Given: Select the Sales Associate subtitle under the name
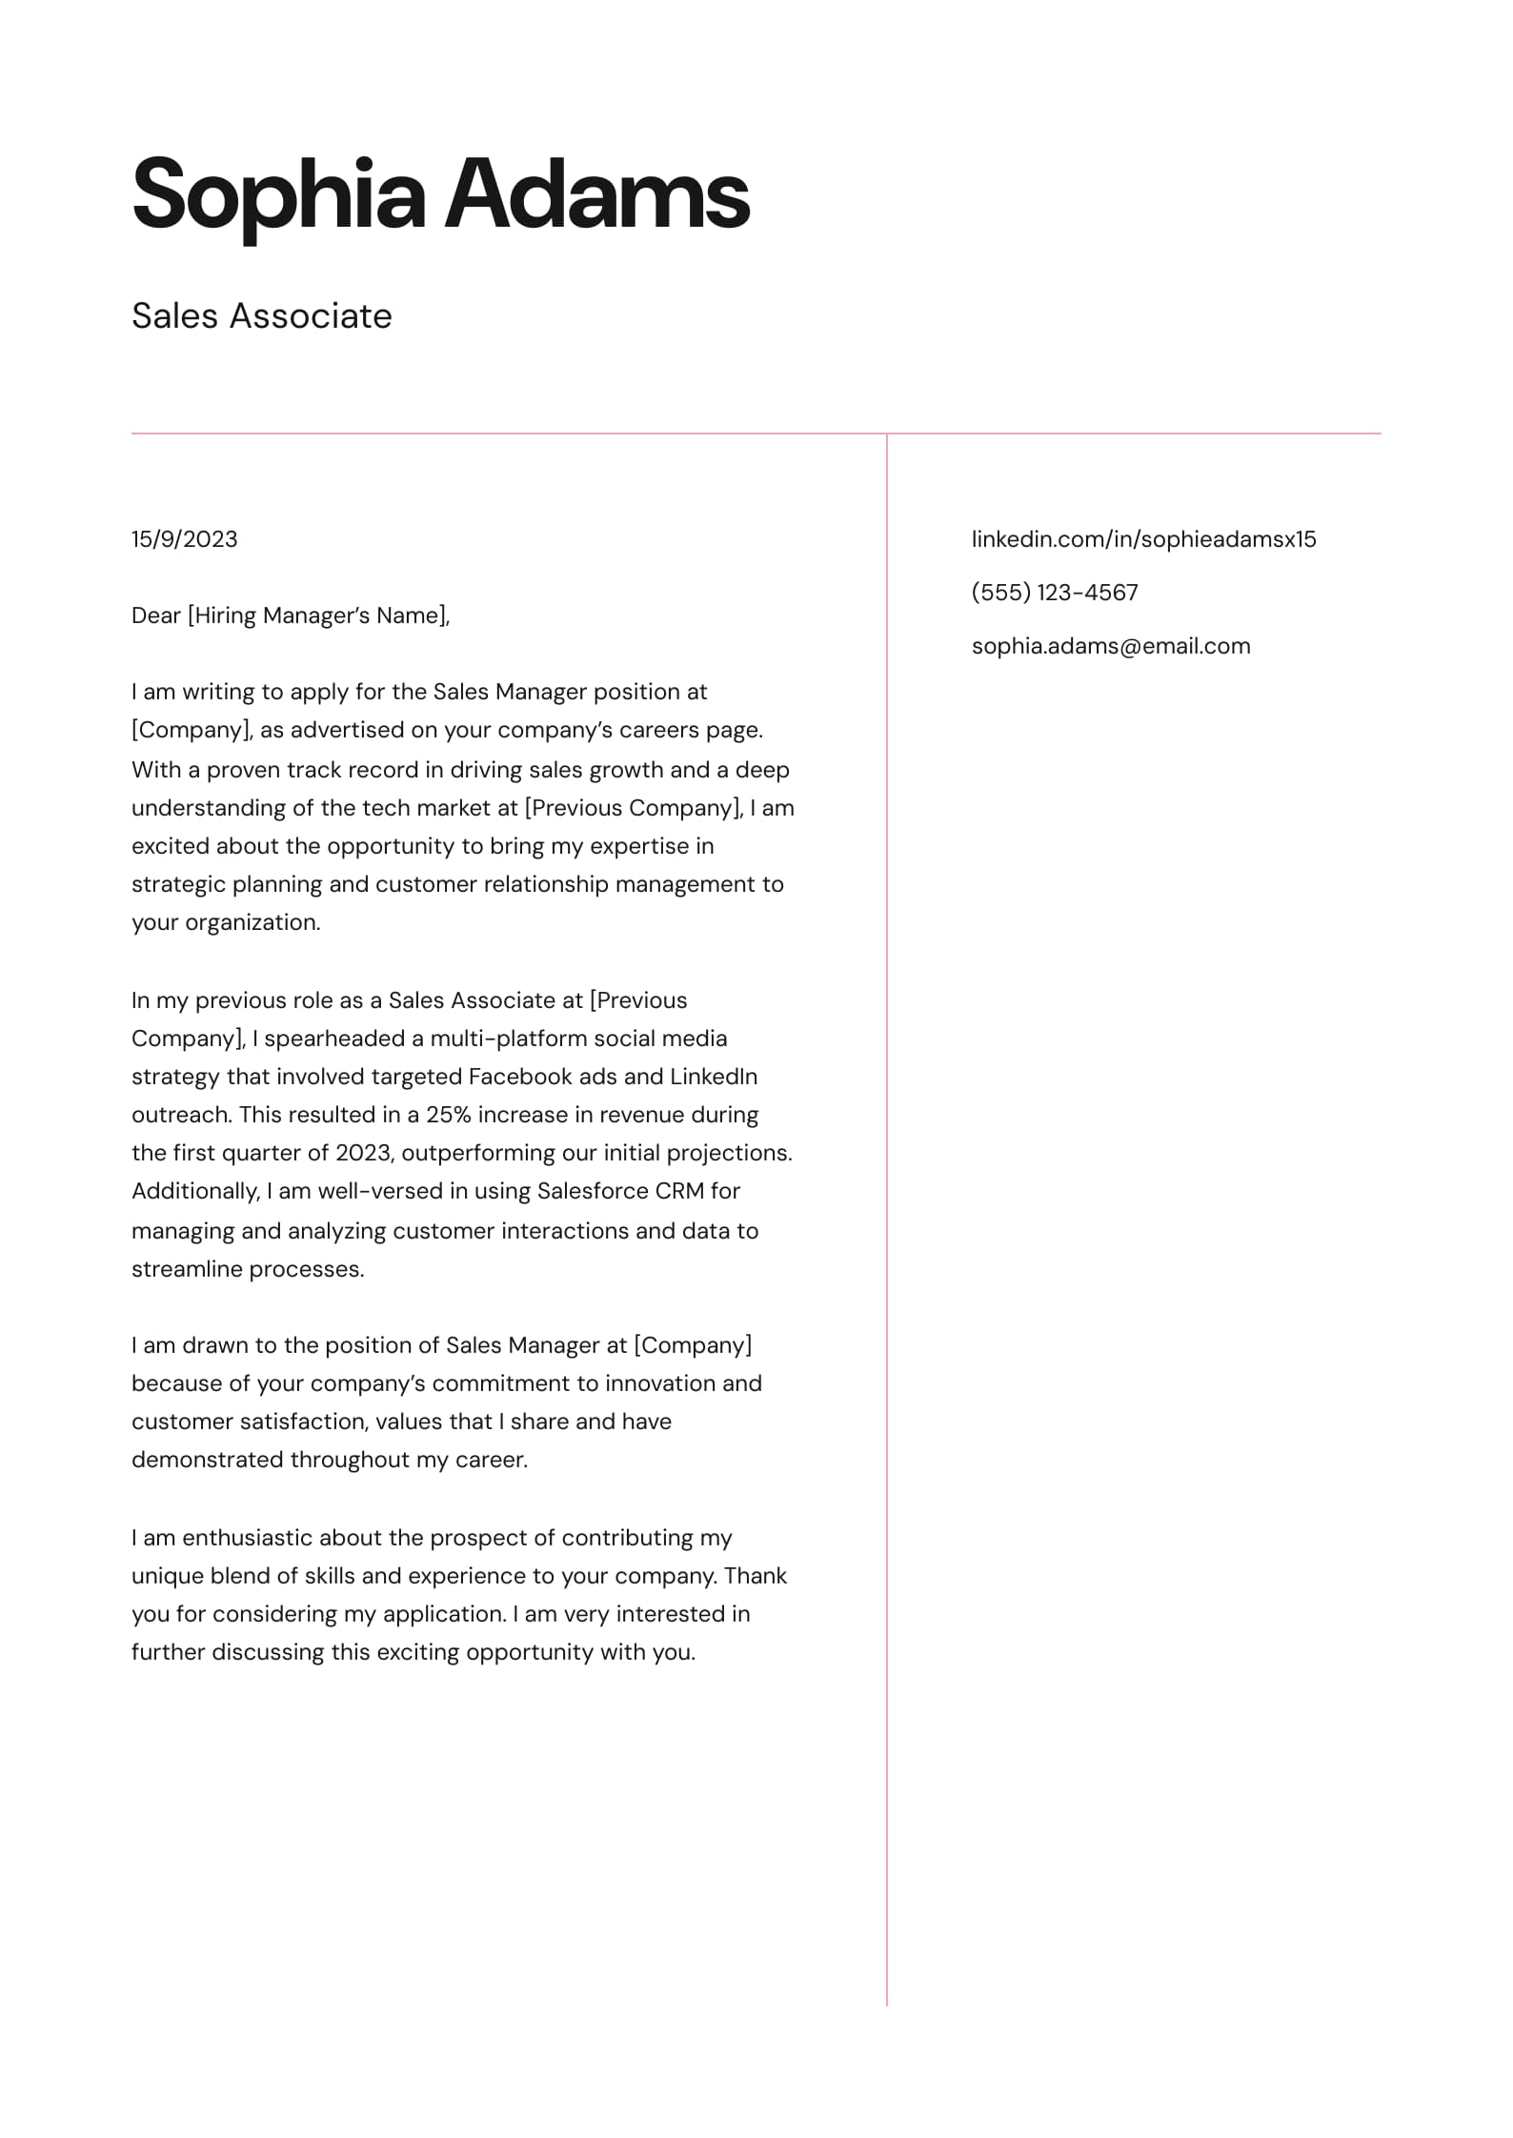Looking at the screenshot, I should (262, 316).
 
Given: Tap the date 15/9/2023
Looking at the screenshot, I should (185, 539).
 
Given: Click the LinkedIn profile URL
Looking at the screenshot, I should (1143, 539).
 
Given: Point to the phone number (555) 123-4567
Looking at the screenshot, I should (1055, 593).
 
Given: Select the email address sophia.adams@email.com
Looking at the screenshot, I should (1111, 646).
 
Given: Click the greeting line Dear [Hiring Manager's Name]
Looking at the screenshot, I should (291, 615).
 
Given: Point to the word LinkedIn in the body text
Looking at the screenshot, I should (714, 1077).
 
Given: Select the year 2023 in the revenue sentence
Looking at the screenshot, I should (363, 1153).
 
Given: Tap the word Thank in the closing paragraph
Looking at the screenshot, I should (756, 1576).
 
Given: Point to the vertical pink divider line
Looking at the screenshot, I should (887, 1239).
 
